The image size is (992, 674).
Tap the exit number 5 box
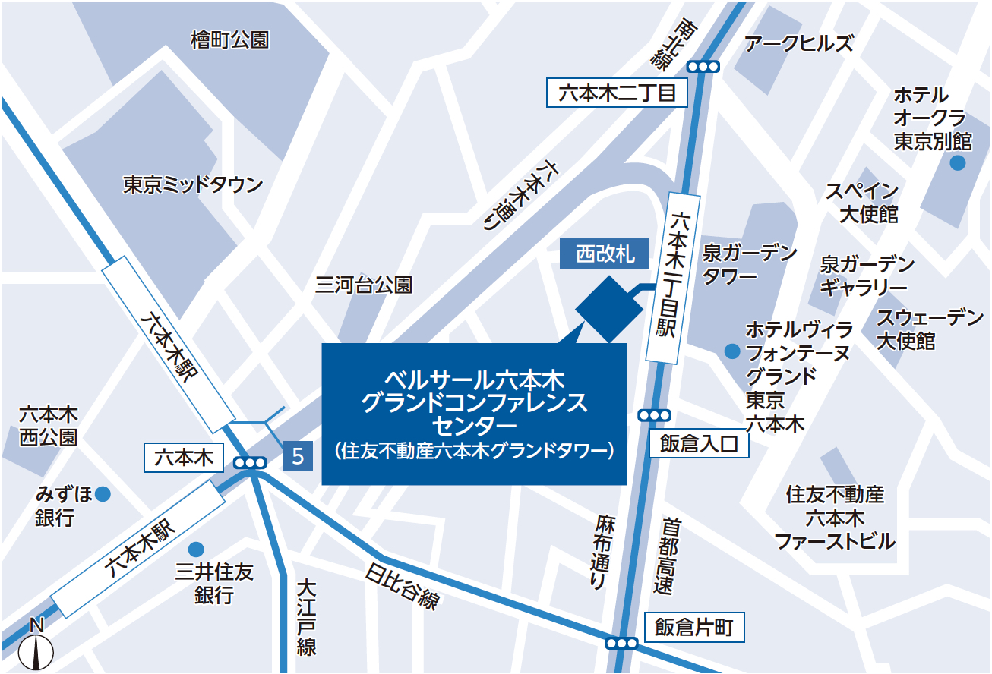pyautogui.click(x=298, y=456)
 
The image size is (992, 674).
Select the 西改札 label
pyautogui.click(x=605, y=254)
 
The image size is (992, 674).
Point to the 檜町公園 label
pyautogui.click(x=229, y=40)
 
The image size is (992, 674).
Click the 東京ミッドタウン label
pyautogui.click(x=193, y=184)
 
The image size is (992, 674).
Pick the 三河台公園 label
pyautogui.click(x=364, y=285)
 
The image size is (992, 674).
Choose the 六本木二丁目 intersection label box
pyautogui.click(x=617, y=94)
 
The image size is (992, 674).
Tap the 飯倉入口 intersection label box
pyautogui.click(x=699, y=444)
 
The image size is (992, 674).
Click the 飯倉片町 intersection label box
pyautogui.click(x=694, y=628)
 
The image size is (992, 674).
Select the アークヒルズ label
pyautogui.click(x=798, y=43)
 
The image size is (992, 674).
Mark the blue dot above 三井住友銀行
pyautogui.click(x=197, y=548)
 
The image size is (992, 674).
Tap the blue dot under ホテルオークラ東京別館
pyautogui.click(x=958, y=162)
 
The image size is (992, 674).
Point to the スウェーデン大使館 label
pyautogui.click(x=929, y=329)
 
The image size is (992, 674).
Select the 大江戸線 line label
pyautogui.click(x=306, y=618)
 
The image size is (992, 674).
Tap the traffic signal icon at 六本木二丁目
pyautogui.click(x=704, y=66)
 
